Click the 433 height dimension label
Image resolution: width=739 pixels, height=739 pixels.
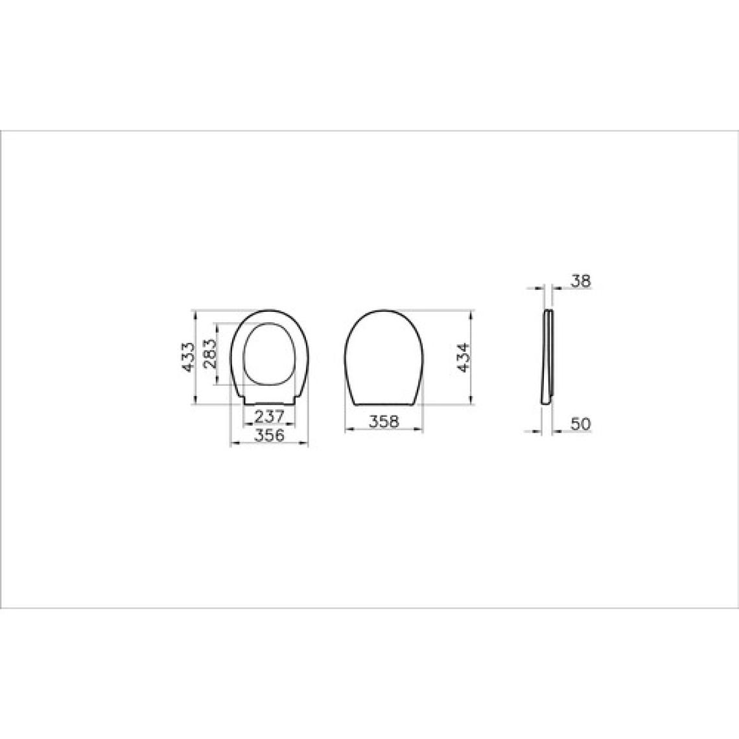coord(189,357)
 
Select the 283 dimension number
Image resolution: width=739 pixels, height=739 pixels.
coord(210,353)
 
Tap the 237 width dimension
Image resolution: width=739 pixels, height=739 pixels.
coord(269,417)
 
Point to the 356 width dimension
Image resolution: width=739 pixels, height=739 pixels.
coord(269,435)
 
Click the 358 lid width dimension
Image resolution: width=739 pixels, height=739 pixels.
coord(384,421)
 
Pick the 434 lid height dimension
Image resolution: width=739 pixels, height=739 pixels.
coord(464,357)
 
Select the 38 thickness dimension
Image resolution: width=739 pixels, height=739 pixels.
coord(580,281)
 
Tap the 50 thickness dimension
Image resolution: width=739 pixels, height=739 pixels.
coord(580,424)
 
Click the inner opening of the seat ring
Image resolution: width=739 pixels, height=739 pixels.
coord(268,353)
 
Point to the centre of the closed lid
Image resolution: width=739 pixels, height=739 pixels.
coord(383,357)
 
